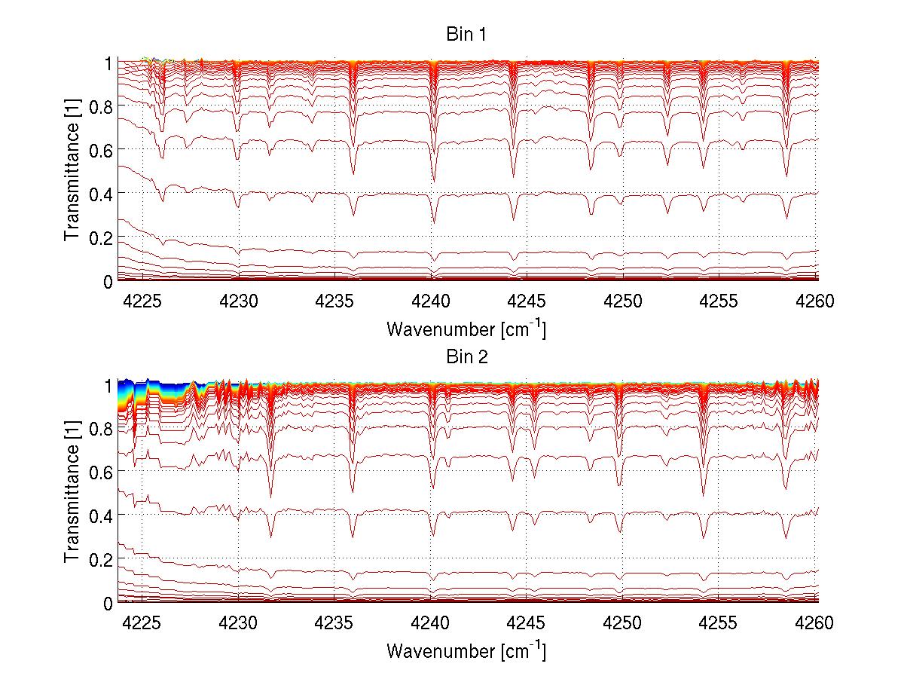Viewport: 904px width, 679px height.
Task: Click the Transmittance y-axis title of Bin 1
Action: (x=72, y=172)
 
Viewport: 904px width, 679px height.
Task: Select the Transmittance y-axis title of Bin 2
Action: (x=72, y=494)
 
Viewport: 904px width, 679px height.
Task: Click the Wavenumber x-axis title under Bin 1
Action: (x=466, y=329)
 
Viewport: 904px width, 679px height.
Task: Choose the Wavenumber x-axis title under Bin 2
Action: (x=466, y=650)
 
